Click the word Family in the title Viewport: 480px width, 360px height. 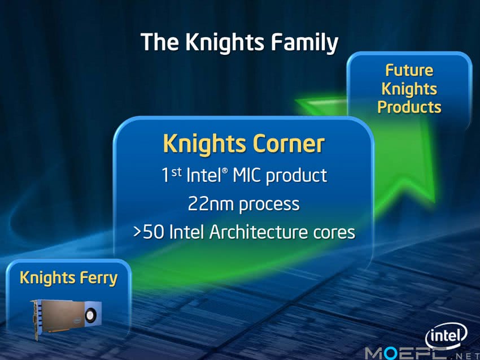(304, 43)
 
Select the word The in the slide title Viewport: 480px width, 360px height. (159, 42)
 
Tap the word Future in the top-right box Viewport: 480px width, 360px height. (409, 70)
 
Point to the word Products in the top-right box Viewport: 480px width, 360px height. (409, 107)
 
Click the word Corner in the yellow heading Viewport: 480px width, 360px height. (289, 144)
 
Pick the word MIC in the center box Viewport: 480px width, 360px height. (247, 175)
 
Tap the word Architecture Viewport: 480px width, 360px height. (259, 232)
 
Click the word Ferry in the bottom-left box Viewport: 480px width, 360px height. (99, 278)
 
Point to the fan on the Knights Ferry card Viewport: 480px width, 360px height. (91, 315)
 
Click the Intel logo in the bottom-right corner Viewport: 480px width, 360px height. (446, 336)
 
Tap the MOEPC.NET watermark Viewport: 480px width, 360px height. (422, 354)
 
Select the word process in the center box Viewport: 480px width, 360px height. (269, 205)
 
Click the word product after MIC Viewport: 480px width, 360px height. (296, 176)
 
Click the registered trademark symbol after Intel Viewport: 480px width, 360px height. (225, 170)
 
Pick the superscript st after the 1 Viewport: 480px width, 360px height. (176, 172)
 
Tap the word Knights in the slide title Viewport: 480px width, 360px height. (225, 42)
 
